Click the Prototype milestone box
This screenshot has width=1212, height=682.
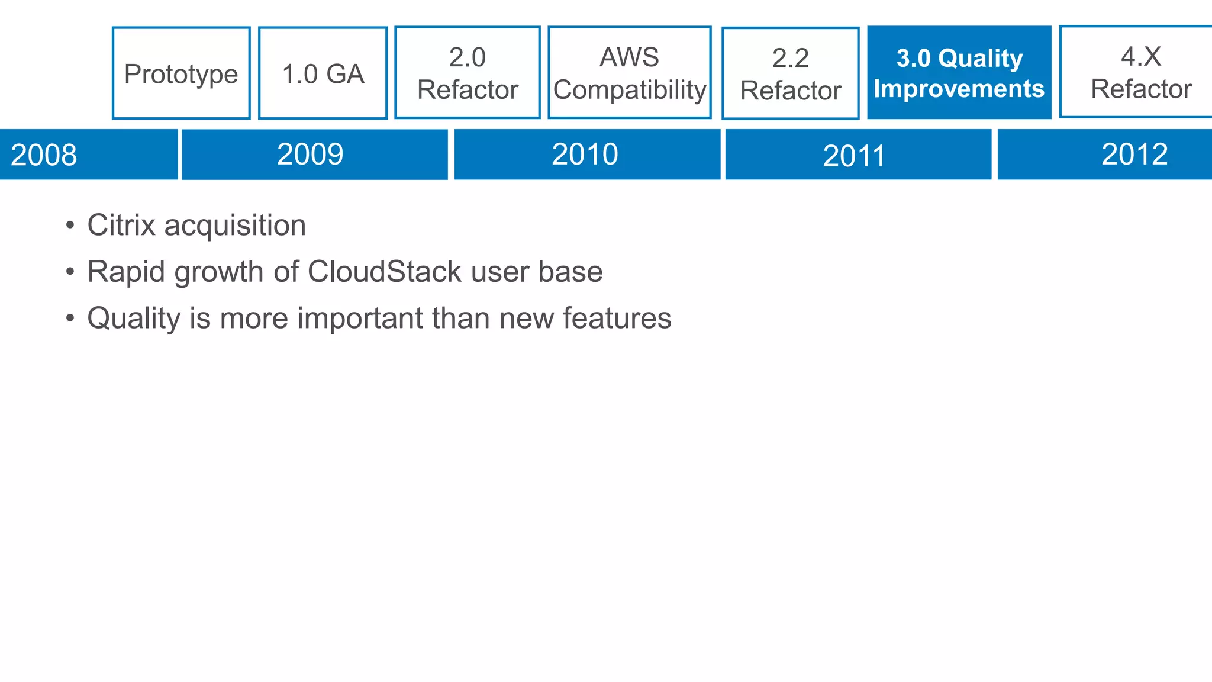pos(181,73)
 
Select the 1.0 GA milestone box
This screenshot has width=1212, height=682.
pos(323,73)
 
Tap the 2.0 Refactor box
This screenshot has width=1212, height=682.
pos(468,73)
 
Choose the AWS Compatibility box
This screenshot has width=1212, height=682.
pos(630,73)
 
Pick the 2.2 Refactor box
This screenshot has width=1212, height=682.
pos(791,73)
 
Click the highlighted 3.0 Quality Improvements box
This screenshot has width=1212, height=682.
pos(959,73)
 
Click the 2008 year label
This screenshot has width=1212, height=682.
pos(44,155)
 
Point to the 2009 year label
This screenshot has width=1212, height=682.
pos(310,155)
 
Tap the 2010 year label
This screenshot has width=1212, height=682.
pos(585,155)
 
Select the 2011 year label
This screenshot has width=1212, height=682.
pos(854,156)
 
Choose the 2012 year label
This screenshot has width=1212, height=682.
pos(1134,155)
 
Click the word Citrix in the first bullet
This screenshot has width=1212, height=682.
pos(121,226)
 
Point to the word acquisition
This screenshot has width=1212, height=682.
pos(235,226)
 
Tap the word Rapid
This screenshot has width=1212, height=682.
pos(125,272)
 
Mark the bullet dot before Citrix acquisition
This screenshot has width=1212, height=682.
pos(70,226)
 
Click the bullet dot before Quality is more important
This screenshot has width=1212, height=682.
pos(70,319)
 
